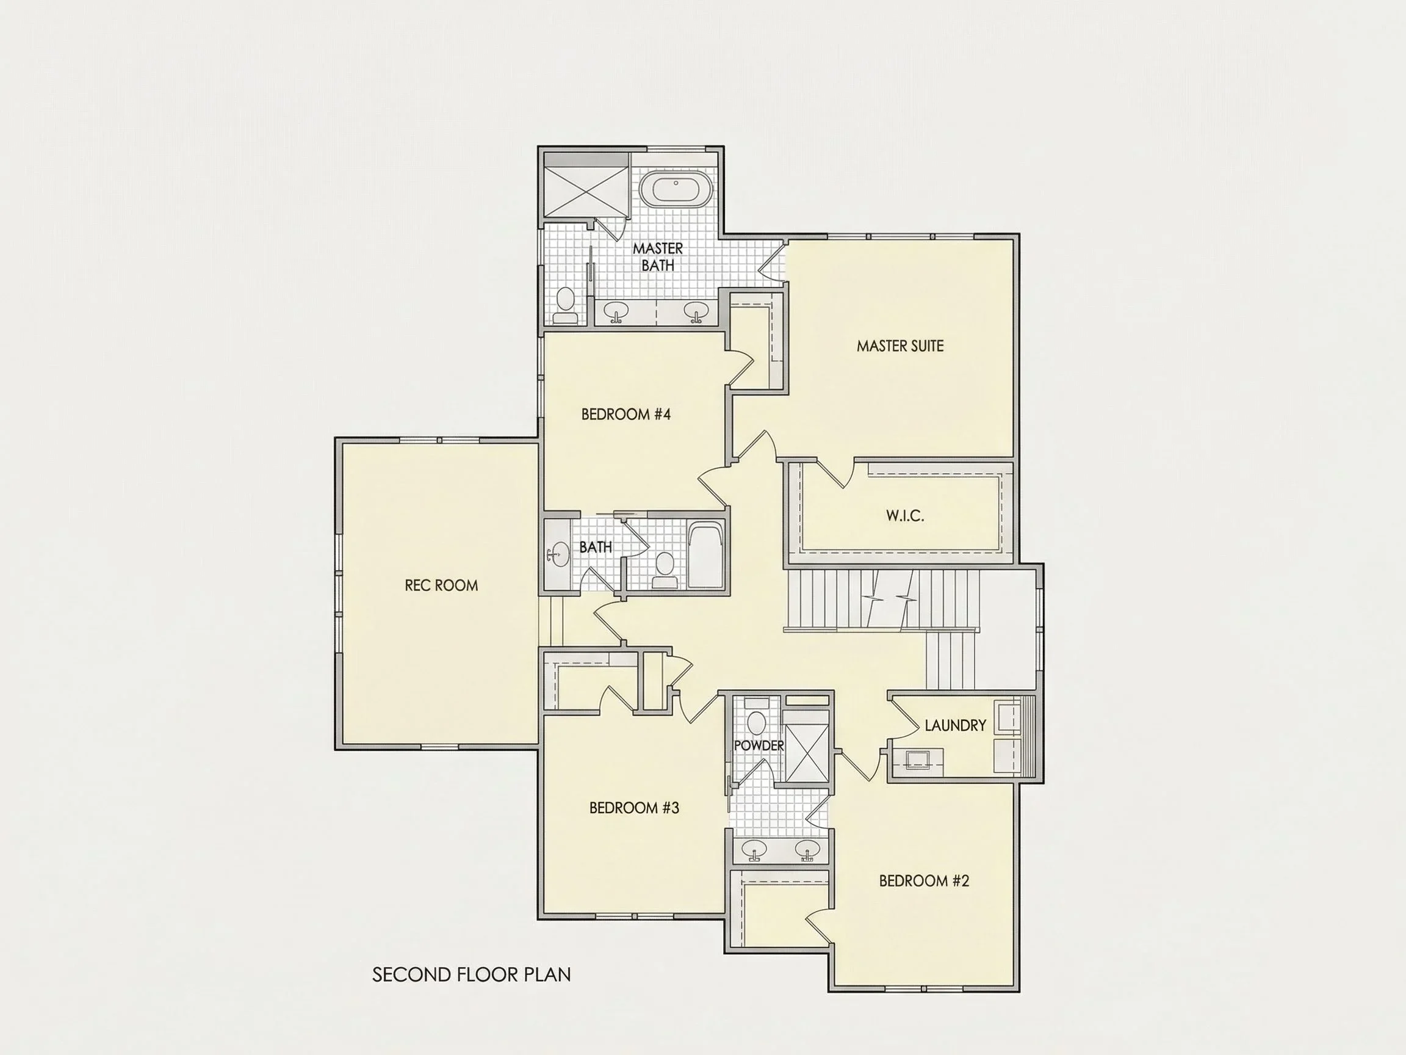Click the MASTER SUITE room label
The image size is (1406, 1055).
pyautogui.click(x=900, y=346)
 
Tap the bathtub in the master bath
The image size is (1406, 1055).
pyautogui.click(x=675, y=189)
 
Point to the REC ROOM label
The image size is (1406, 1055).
pyautogui.click(x=441, y=585)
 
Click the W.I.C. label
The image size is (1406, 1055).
pyautogui.click(x=905, y=515)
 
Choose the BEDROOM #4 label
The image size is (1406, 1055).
pyautogui.click(x=626, y=415)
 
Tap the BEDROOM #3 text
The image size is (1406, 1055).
pyautogui.click(x=635, y=808)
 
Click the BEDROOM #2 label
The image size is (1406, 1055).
pyautogui.click(x=924, y=881)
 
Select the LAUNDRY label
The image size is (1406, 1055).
pyautogui.click(x=956, y=725)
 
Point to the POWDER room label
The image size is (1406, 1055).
pyautogui.click(x=759, y=745)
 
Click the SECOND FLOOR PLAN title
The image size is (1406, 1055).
pyautogui.click(x=472, y=975)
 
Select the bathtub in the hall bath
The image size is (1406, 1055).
pyautogui.click(x=706, y=556)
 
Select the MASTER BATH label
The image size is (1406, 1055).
pyautogui.click(x=658, y=257)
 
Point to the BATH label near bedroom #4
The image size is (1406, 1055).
pyautogui.click(x=596, y=547)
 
